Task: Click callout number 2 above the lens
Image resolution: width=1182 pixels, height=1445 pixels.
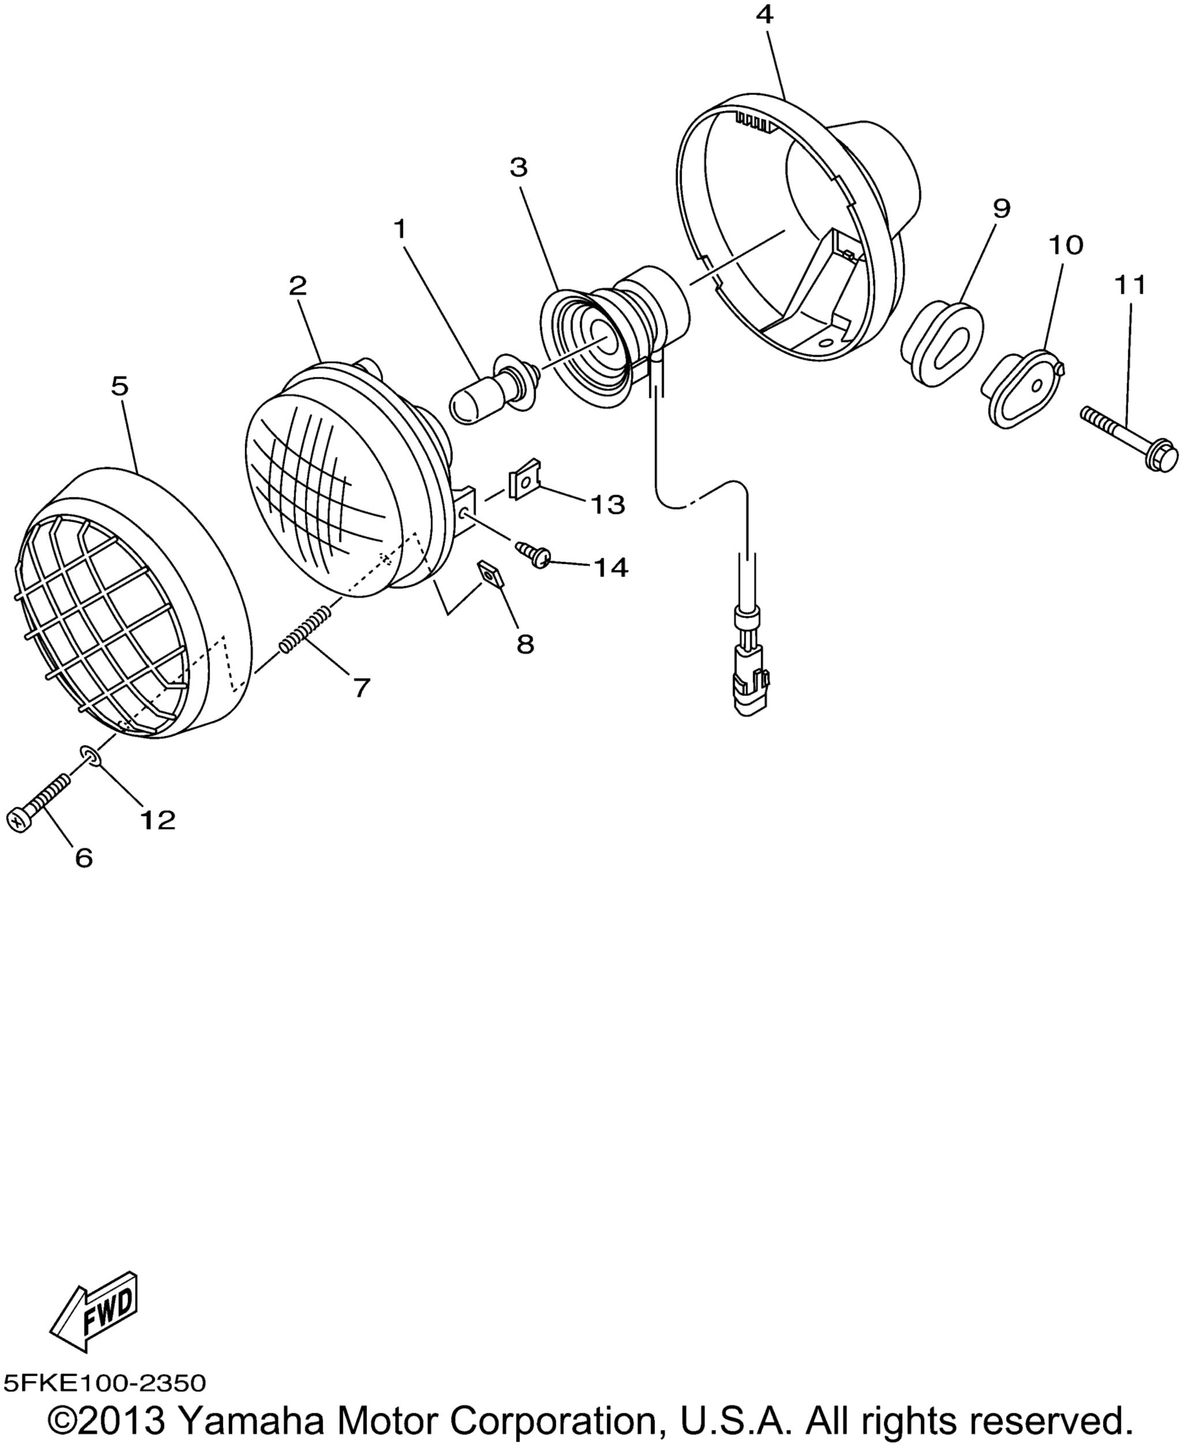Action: point(298,286)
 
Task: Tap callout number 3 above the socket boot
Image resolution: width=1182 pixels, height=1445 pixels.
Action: point(519,167)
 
